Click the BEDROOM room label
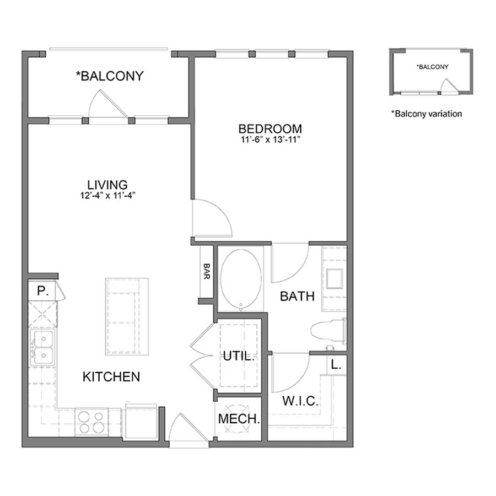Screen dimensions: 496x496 coord(270,129)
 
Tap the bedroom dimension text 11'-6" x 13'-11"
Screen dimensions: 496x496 coord(270,140)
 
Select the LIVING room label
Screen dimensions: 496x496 coord(107,185)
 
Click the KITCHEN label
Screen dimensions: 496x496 coord(111,377)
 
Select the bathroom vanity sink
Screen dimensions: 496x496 coord(334,279)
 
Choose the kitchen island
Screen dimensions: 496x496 coord(127,316)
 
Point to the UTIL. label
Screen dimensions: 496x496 coord(239,356)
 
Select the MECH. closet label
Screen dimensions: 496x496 coord(239,419)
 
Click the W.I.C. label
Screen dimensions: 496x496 coord(300,401)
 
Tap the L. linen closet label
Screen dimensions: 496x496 coord(336,364)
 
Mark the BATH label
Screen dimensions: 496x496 coord(297,296)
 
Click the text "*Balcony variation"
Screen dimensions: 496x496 coord(426,114)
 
